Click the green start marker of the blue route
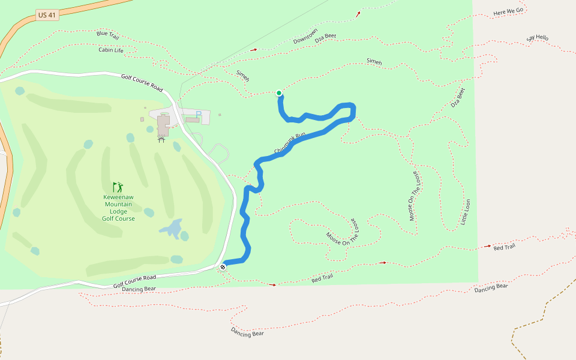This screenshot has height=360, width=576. (x=279, y=93)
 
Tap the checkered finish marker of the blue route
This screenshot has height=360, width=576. (x=223, y=266)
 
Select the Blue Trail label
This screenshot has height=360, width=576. (x=108, y=35)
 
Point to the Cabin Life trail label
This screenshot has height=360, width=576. (x=111, y=50)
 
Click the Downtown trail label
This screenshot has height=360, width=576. (x=305, y=36)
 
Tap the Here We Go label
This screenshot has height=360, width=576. (x=508, y=11)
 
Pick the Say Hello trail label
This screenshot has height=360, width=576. (x=538, y=38)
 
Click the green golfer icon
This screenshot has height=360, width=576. (x=118, y=187)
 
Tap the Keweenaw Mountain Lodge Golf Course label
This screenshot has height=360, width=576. (x=119, y=208)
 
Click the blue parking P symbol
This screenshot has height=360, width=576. (x=199, y=114)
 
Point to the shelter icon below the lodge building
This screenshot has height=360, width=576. (x=161, y=140)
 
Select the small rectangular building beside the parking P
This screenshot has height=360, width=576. (x=193, y=119)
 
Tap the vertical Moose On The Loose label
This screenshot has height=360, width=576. (x=414, y=195)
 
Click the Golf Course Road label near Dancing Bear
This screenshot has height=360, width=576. (x=134, y=281)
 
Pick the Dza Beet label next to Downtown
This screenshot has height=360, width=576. (x=326, y=37)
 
